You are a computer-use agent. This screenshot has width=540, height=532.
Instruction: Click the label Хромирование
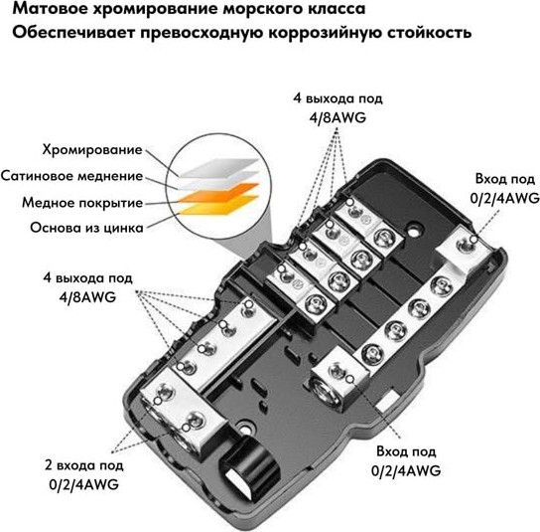coord(92,150)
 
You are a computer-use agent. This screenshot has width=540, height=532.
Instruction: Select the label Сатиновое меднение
coord(72,176)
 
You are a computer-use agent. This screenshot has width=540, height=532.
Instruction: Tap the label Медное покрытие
coord(82,203)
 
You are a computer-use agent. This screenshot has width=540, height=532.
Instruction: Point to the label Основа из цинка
coord(86,228)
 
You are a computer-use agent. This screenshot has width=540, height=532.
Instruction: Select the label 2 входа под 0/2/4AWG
coord(84,475)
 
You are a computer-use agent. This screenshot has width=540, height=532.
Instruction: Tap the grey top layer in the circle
coord(219,168)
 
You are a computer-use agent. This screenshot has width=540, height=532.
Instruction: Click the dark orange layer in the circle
coord(217,194)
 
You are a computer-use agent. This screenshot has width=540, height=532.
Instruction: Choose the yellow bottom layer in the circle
coord(217,206)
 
